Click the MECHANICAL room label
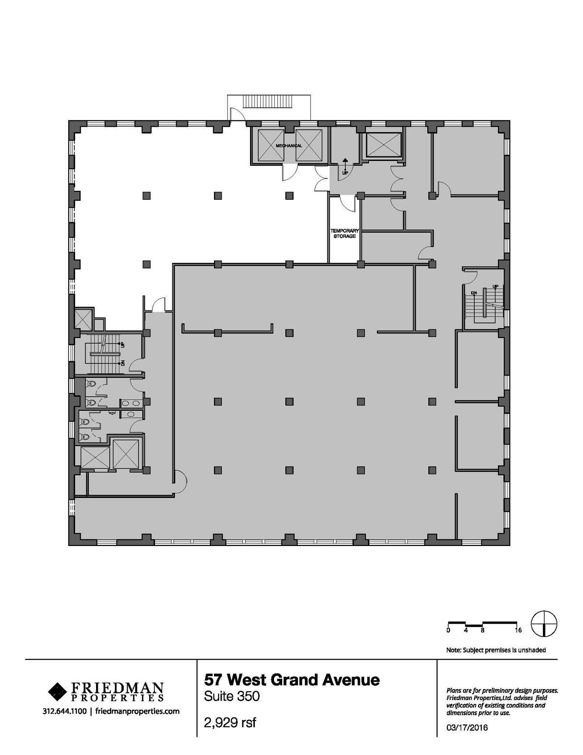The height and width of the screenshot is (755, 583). point(289,146)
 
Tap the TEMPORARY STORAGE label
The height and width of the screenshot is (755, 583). point(344,233)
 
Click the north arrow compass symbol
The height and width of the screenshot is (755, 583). point(544,624)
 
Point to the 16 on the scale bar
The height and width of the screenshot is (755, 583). point(518,630)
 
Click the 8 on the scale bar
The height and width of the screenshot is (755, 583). point(482,630)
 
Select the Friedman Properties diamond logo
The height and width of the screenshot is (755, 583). point(56,691)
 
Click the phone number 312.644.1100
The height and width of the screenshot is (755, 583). point(65,711)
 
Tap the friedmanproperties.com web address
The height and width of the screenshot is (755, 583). point(137,711)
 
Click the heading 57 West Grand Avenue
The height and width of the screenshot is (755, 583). point(292,679)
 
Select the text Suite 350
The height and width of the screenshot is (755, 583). point(232,696)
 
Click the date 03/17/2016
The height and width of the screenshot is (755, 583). point(467,727)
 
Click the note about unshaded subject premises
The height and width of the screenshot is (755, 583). point(496,650)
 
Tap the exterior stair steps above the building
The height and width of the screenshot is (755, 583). point(268,102)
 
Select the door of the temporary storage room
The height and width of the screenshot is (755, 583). point(347,204)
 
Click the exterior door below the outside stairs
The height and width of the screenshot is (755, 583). point(238,115)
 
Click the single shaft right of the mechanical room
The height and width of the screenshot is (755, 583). point(383,144)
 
